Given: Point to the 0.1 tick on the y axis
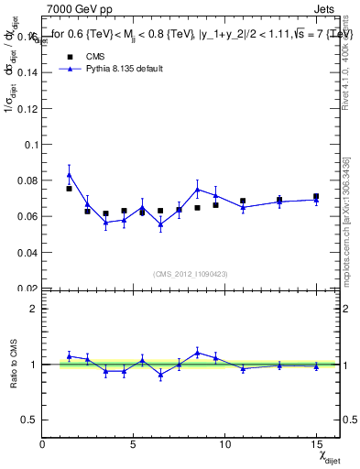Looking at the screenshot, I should click(x=31, y=145).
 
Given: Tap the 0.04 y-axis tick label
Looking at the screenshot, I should click(x=28, y=252).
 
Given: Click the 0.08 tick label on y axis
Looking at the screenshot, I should click(x=28, y=180).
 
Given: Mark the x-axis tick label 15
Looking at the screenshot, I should click(x=316, y=444).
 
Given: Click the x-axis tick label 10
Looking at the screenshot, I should click(x=224, y=444).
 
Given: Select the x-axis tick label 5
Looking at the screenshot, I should click(x=134, y=444).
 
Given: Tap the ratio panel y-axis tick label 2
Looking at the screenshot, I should click(x=34, y=309).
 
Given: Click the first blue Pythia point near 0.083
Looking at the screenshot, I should click(x=69, y=174).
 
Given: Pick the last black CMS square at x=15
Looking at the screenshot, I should click(x=316, y=196).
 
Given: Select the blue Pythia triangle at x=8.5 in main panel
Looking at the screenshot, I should click(x=197, y=190).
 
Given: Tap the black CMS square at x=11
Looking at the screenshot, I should click(x=243, y=201).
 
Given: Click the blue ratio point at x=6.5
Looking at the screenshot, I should click(x=160, y=374).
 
